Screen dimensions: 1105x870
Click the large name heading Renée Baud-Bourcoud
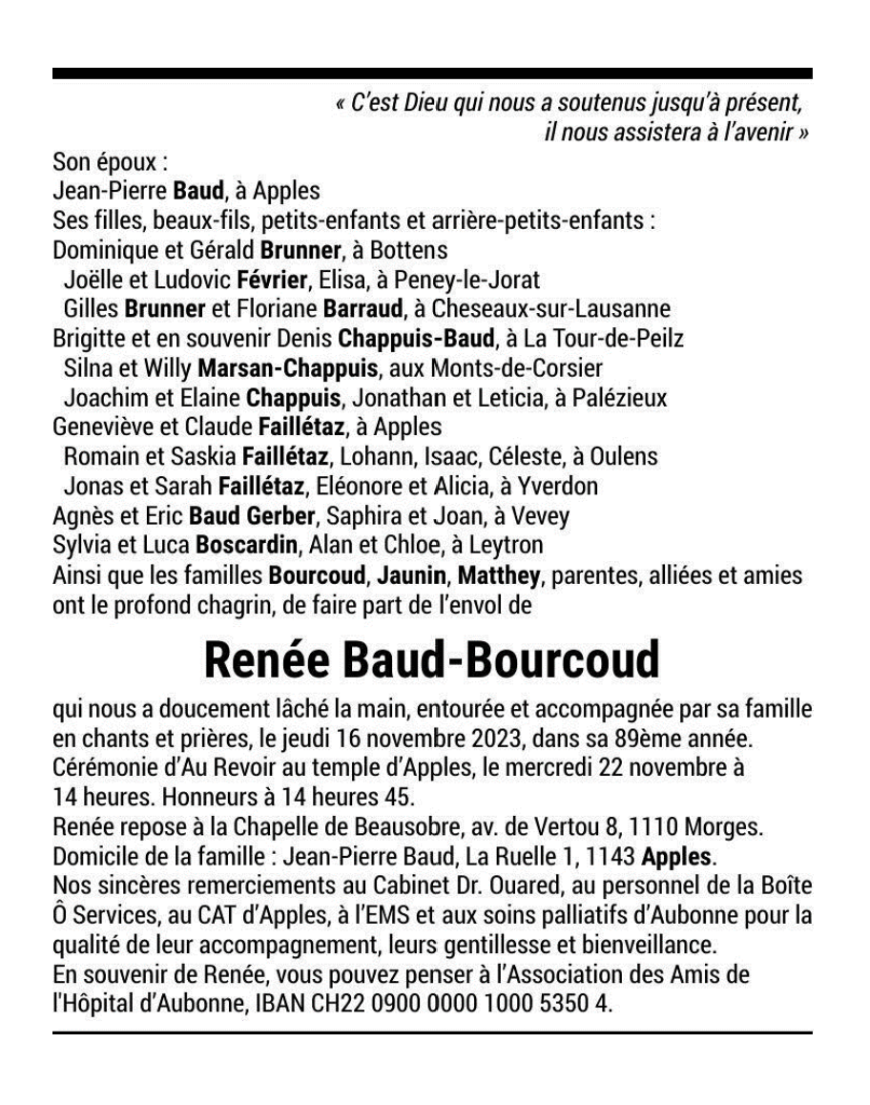tap(432, 659)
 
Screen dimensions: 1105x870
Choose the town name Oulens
tap(625, 457)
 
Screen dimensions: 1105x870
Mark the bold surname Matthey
tap(499, 575)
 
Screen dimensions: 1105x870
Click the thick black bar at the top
tap(432, 73)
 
